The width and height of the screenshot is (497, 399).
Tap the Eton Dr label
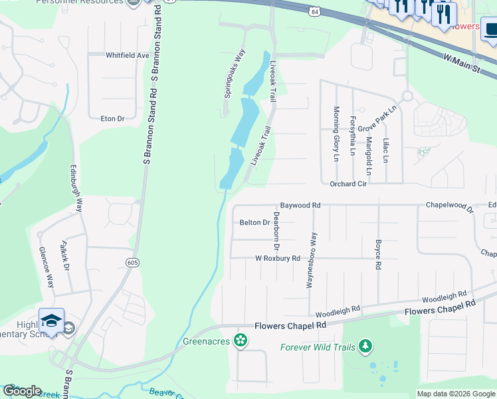112,119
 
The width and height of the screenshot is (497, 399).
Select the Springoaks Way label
234,73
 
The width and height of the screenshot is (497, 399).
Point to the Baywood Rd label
300,205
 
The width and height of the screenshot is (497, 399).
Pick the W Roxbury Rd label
278,258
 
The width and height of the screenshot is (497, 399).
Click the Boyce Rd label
378,254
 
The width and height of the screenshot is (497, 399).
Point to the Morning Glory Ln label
336,134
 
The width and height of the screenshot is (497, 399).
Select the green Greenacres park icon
241,342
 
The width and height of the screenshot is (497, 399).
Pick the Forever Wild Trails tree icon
364,346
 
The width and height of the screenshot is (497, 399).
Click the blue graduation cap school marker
51,321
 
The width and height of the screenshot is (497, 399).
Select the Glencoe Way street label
47,266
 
